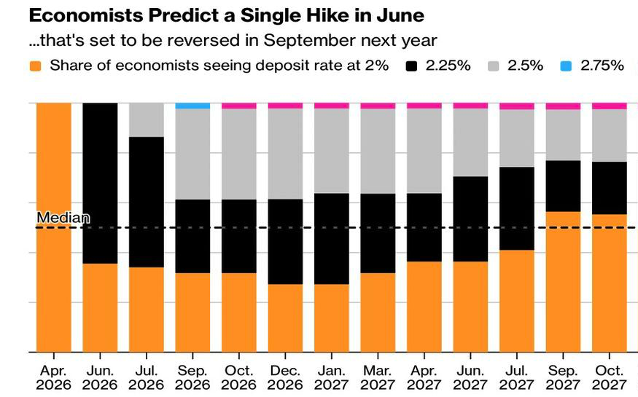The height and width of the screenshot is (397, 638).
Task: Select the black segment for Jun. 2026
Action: (x=100, y=183)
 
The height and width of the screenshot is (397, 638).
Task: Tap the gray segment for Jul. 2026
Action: (x=147, y=119)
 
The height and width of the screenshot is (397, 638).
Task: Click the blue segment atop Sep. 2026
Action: (x=192, y=106)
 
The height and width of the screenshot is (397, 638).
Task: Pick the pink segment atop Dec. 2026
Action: (x=285, y=106)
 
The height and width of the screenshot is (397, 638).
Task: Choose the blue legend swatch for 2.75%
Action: (x=565, y=66)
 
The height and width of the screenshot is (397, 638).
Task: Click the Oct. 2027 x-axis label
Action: (x=609, y=377)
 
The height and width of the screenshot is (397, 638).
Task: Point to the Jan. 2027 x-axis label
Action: (x=331, y=377)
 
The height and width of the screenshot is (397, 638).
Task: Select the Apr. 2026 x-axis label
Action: (x=53, y=377)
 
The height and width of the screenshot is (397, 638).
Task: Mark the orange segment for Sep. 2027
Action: (x=563, y=281)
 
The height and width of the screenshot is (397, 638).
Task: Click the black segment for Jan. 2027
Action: (x=331, y=238)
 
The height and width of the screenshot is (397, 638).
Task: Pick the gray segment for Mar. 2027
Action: (x=378, y=151)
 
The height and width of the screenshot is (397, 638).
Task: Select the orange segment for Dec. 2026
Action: (x=285, y=318)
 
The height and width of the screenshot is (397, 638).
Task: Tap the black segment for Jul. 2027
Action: (x=516, y=208)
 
